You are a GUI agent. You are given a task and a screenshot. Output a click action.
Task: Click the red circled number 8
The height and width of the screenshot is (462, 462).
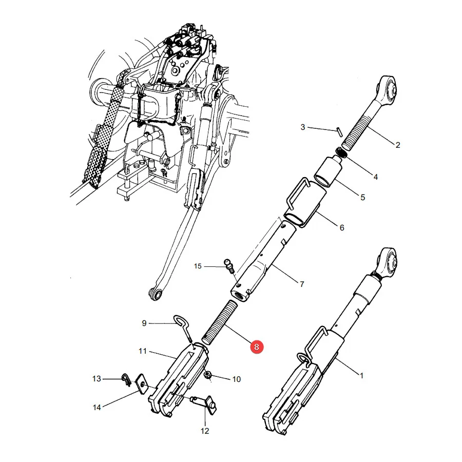(x=256, y=347)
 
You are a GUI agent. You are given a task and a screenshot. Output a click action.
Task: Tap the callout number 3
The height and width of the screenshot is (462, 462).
(x=302, y=127)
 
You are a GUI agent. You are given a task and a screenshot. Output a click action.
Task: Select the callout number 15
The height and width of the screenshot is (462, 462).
(x=198, y=266)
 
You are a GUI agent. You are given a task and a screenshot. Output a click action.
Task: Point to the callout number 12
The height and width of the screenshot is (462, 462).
(x=205, y=431)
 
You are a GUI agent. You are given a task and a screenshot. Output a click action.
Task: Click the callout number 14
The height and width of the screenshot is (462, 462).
(x=97, y=408)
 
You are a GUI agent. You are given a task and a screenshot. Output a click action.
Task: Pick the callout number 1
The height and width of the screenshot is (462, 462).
(x=361, y=376)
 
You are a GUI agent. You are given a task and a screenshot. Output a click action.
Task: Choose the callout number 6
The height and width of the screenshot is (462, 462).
(x=342, y=227)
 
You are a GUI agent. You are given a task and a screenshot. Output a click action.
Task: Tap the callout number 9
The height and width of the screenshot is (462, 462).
(x=144, y=323)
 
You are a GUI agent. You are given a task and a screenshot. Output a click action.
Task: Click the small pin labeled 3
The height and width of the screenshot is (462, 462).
(x=340, y=132)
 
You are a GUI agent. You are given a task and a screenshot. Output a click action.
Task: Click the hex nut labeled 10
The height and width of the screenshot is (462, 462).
(x=208, y=375)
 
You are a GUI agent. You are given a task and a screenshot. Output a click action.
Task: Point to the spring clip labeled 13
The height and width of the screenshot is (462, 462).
(x=126, y=379)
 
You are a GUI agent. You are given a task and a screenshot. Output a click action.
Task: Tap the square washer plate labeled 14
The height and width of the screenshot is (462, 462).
(x=142, y=384)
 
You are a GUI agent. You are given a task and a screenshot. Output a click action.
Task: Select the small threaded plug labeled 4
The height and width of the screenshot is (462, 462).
(x=342, y=153)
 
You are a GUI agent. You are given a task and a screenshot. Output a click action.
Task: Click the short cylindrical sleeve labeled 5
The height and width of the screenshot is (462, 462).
(x=329, y=172)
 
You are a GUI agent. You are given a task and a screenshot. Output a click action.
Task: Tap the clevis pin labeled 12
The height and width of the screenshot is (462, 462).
(x=205, y=405)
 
